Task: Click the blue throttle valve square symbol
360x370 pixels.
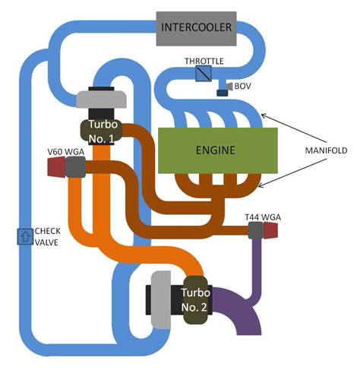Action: point(203,74)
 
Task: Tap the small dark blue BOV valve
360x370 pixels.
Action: point(222,93)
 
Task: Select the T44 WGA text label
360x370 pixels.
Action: point(263,217)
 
